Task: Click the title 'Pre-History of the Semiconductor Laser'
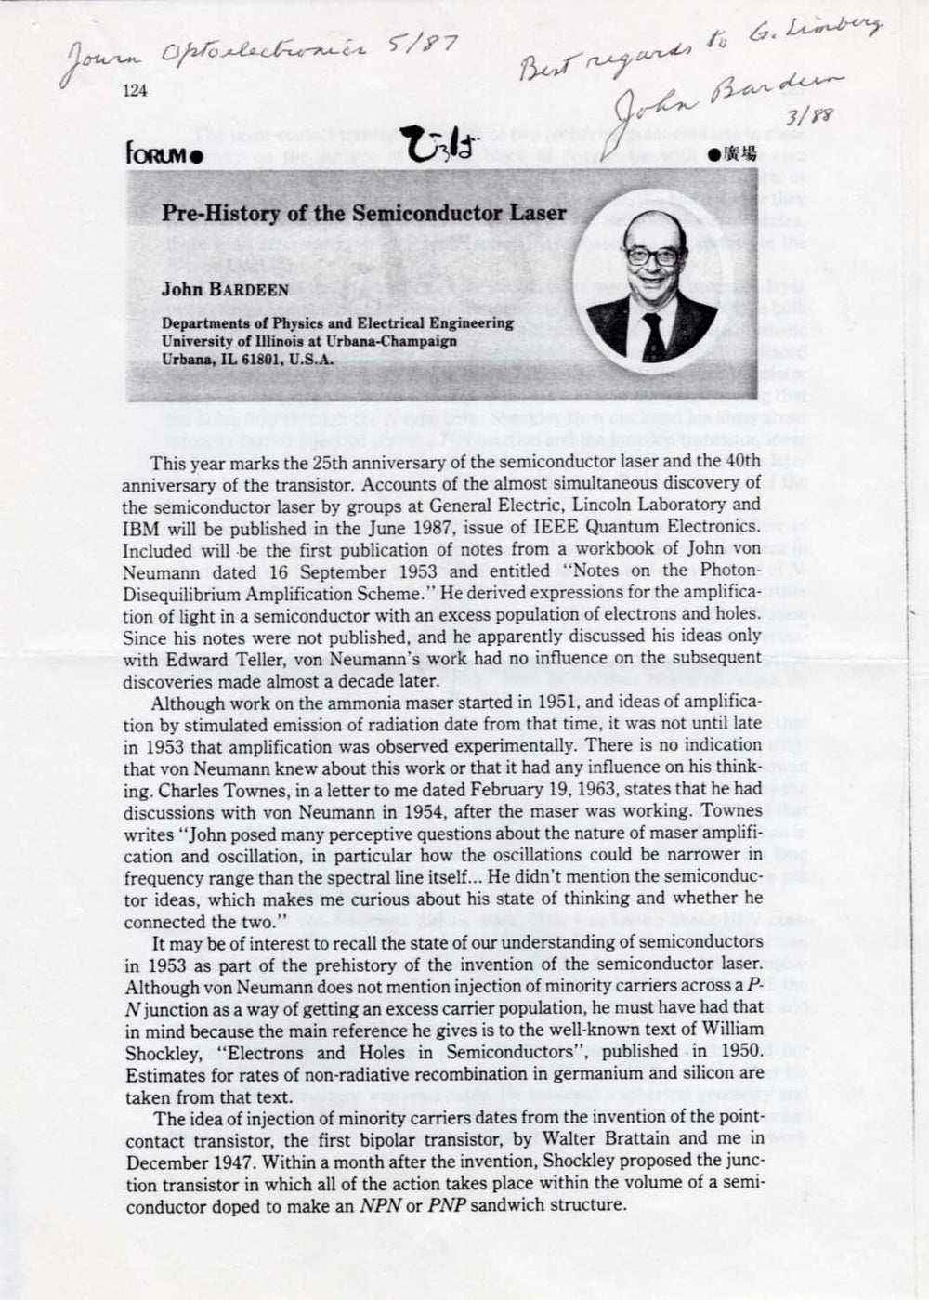[x=364, y=213]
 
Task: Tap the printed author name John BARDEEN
[x=225, y=289]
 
